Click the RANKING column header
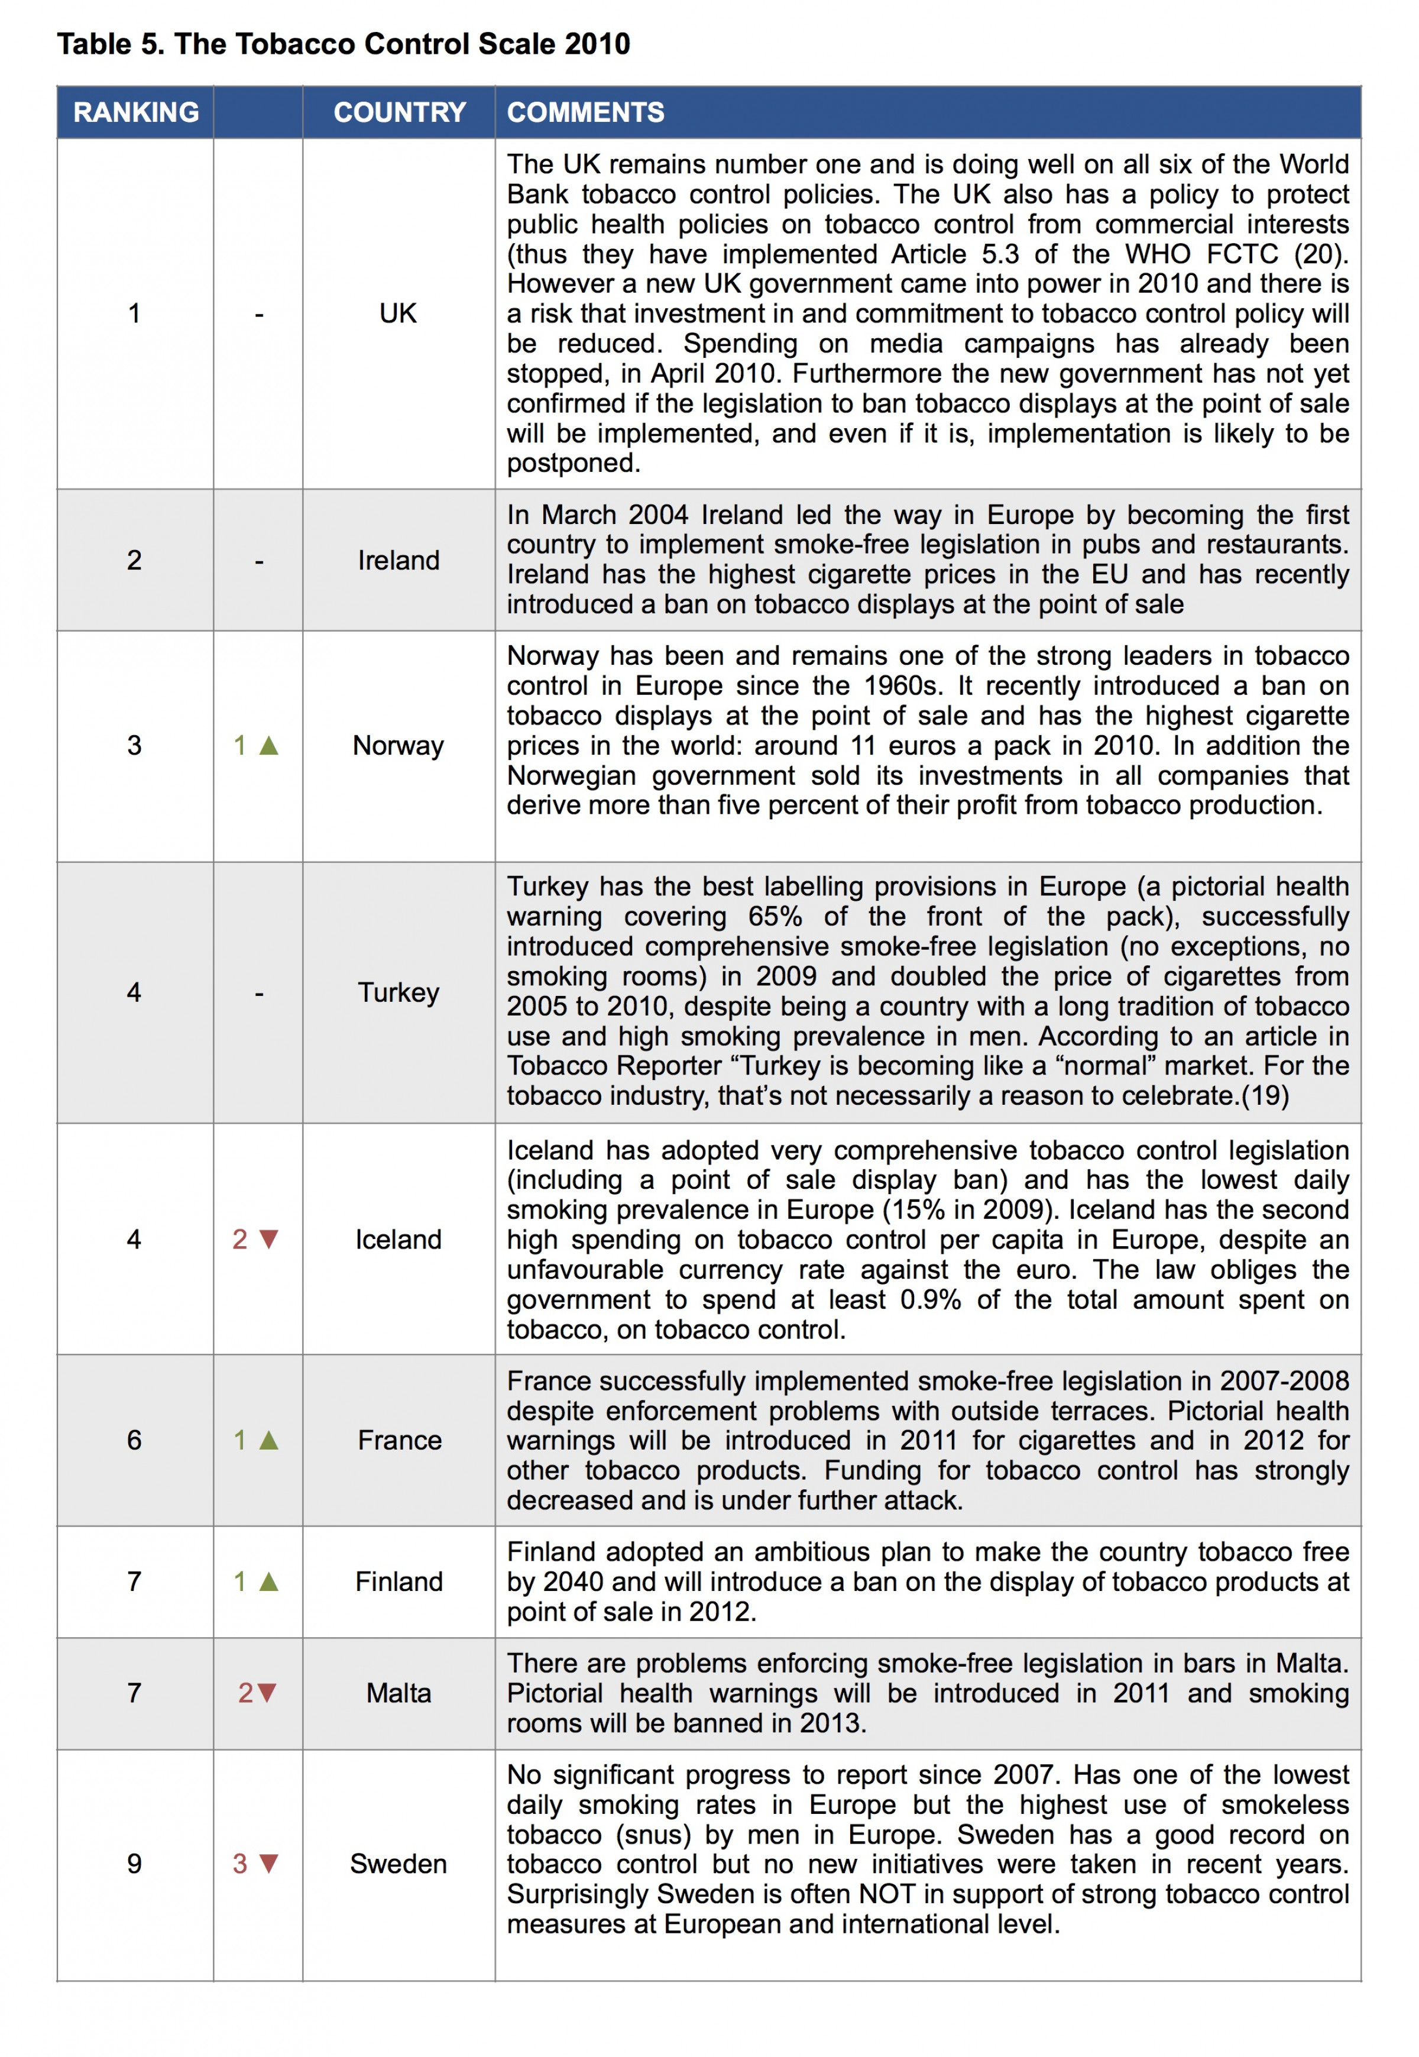tap(136, 112)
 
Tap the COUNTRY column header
tap(399, 112)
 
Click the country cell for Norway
tap(399, 745)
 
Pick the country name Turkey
tap(399, 992)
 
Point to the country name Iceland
tap(399, 1239)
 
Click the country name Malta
tap(399, 1692)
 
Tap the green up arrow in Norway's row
tap(268, 745)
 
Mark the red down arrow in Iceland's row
tap(268, 1239)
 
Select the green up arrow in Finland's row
tap(268, 1581)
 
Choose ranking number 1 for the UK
tap(134, 313)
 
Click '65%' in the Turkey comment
tap(775, 916)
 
